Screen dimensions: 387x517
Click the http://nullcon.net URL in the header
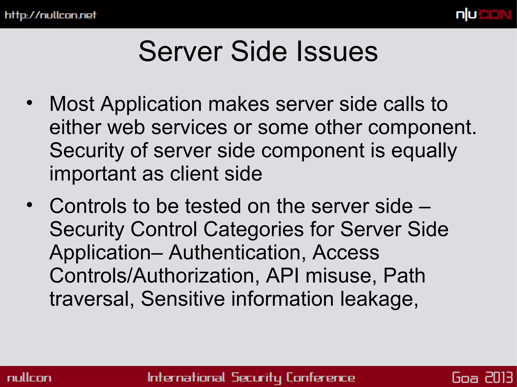pos(50,15)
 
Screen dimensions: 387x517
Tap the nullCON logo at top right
pos(484,15)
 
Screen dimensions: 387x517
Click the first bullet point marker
pos(30,103)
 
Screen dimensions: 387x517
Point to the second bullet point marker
pos(30,205)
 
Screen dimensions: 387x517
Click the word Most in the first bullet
pos(72,104)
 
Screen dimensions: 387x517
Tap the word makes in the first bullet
pos(239,104)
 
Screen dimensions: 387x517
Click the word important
pos(93,174)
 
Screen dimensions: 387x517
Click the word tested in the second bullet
pos(213,206)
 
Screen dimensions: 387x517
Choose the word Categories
pos(253,229)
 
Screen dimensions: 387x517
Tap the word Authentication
pos(237,252)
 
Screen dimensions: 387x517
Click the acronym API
pos(282,276)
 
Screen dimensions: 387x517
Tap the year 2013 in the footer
pos(499,377)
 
